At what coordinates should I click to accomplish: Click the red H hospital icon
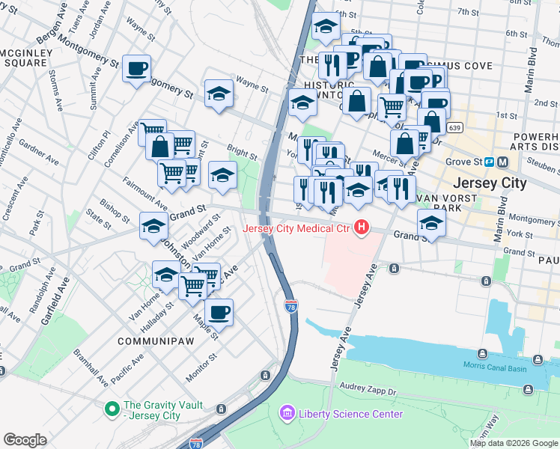(362, 227)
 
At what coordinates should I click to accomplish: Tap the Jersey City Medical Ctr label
(298, 227)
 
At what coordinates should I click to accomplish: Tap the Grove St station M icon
(503, 161)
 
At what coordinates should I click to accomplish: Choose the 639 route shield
(454, 128)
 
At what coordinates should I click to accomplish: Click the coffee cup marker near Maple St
(219, 312)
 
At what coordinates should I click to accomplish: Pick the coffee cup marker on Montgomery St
(137, 68)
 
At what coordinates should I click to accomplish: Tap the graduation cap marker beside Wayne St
(219, 94)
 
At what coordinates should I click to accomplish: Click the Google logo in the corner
(25, 440)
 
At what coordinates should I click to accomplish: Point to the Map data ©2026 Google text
(513, 443)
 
